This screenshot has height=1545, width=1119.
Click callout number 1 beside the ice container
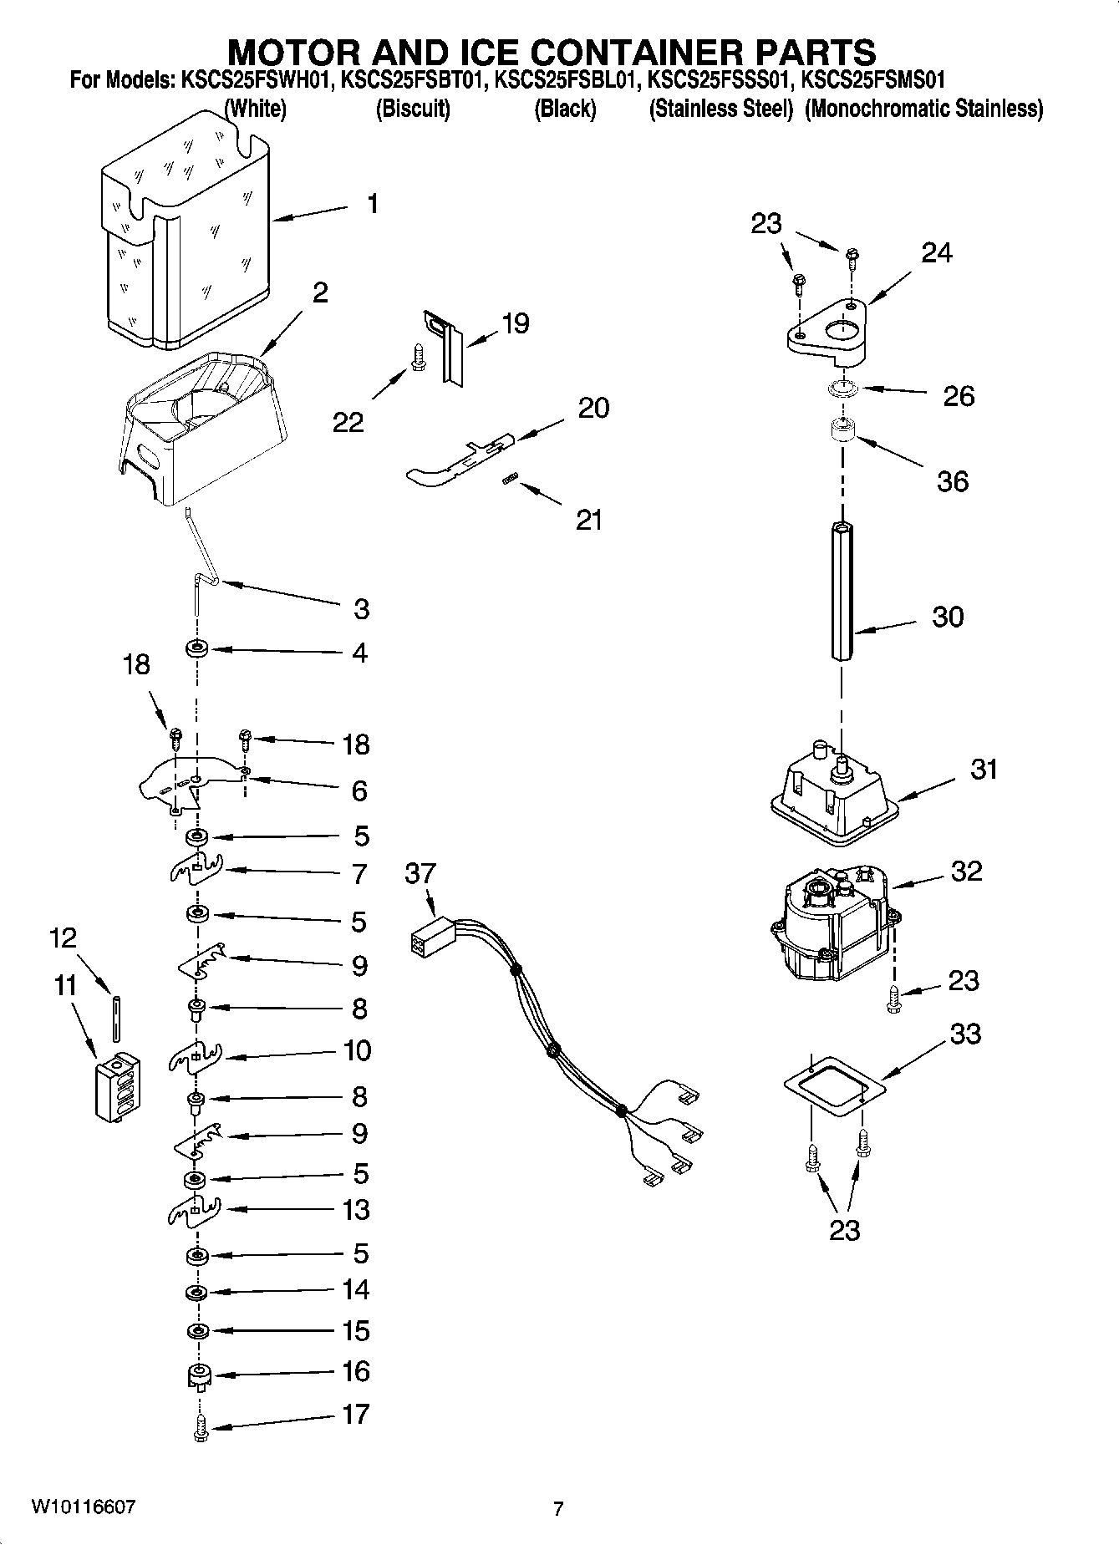point(372,203)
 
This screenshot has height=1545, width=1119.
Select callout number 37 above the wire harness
point(420,874)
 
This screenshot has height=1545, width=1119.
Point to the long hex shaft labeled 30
point(842,590)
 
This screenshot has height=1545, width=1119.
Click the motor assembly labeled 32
point(836,924)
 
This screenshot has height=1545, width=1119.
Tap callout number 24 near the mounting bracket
point(936,252)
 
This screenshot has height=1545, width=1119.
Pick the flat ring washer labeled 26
point(842,389)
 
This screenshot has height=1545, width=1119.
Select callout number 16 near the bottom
point(356,1371)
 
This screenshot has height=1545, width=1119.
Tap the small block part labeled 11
point(116,1087)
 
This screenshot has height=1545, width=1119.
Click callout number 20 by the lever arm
point(593,408)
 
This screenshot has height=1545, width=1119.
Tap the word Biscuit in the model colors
point(413,109)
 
